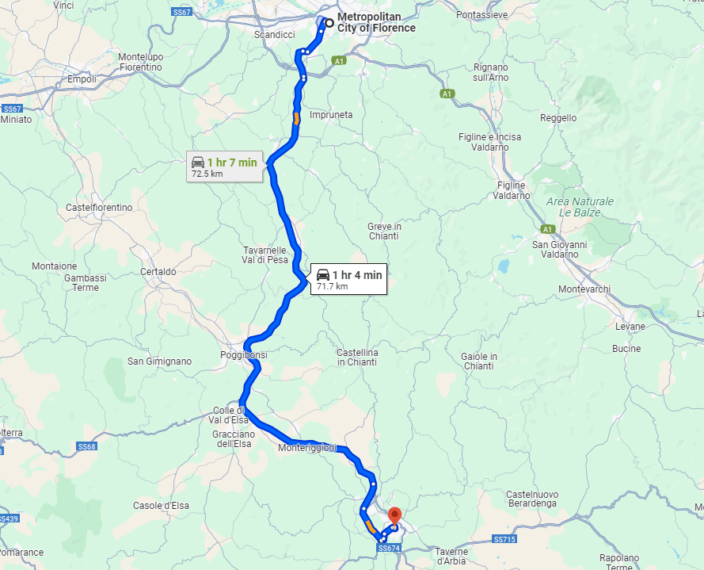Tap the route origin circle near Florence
[329, 22]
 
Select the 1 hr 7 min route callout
[224, 166]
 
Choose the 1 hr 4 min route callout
[348, 279]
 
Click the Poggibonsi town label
[244, 355]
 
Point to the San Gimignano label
[159, 362]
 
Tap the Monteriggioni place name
[308, 449]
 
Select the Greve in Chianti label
[384, 231]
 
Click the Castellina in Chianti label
[357, 357]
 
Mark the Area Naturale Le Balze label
[574, 207]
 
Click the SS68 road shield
[86, 447]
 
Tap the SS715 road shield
[504, 539]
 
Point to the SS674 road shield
[389, 548]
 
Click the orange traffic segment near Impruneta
[296, 119]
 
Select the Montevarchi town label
[584, 289]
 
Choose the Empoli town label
[82, 79]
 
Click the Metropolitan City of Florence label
[376, 22]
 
